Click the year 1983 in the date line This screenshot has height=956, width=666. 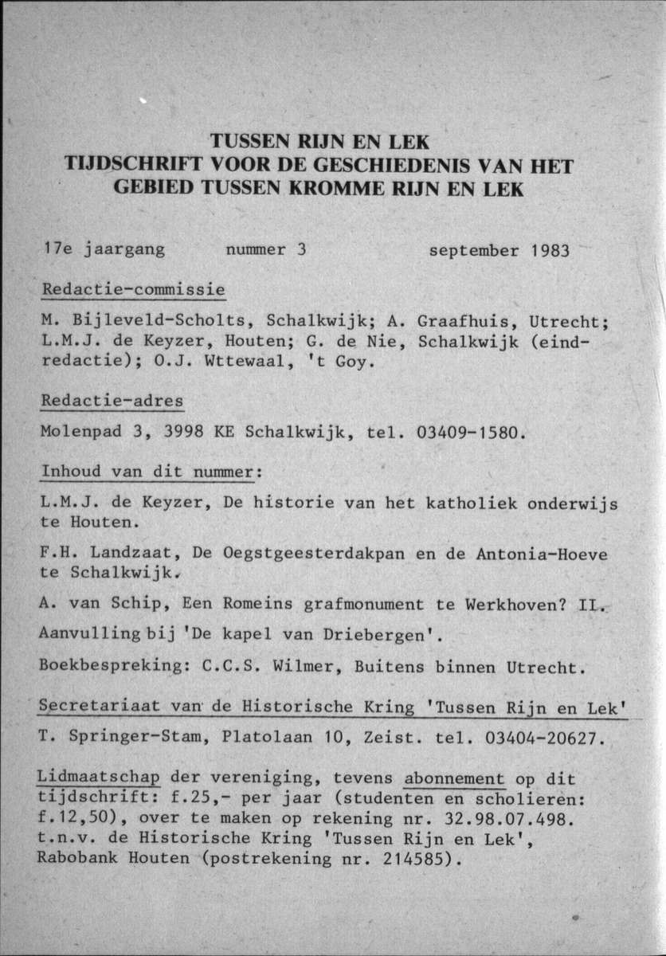[550, 251]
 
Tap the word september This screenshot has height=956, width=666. [475, 251]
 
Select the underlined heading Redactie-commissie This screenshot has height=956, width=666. [133, 289]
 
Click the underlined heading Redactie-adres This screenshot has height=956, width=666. [112, 402]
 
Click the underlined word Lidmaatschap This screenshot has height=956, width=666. [99, 778]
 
